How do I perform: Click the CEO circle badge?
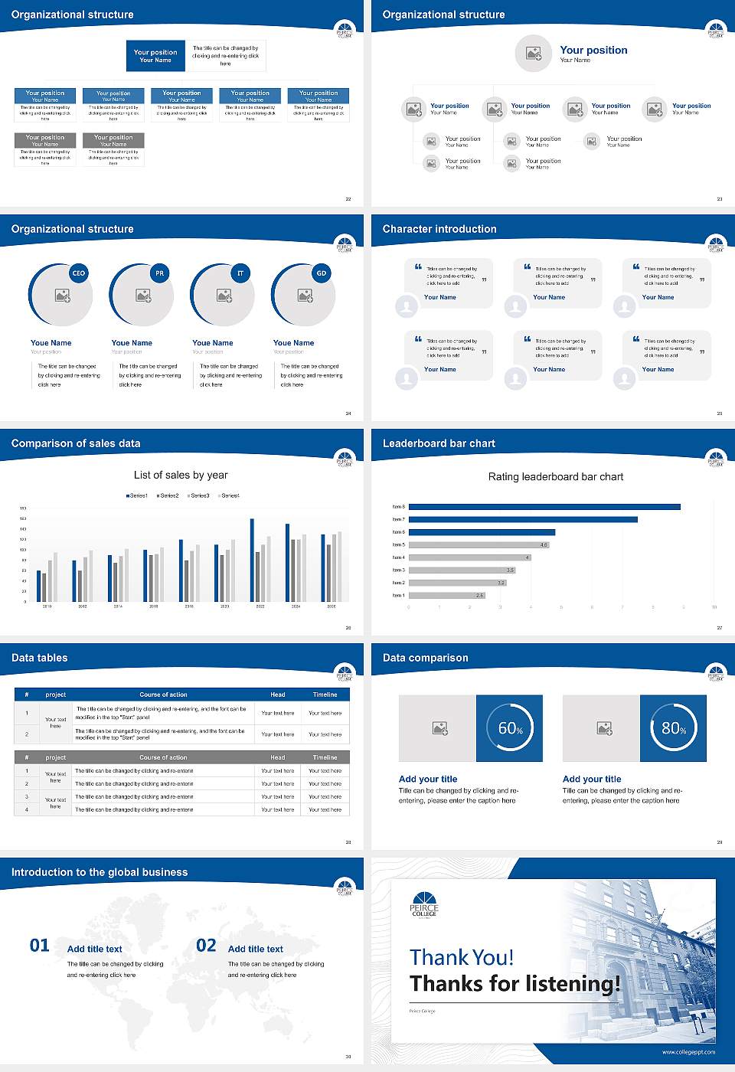point(78,273)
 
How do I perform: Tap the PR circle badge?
point(159,273)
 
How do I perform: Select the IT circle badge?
point(240,273)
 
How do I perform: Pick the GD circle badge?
point(322,273)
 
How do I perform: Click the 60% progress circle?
point(510,728)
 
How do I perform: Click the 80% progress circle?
point(673,728)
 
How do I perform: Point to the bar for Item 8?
point(544,507)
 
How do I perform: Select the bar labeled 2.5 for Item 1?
point(446,595)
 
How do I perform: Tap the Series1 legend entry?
point(137,495)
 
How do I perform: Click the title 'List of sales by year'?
point(181,476)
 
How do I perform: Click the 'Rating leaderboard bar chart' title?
point(556,477)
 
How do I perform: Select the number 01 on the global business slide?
point(40,946)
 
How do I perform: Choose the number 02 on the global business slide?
point(206,946)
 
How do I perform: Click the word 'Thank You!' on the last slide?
point(462,958)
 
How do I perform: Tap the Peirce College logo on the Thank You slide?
point(424,904)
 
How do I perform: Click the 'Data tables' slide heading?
point(40,658)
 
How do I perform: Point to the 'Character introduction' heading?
point(439,229)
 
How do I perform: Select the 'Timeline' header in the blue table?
point(325,695)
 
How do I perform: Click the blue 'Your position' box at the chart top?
point(155,56)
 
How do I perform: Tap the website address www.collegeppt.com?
point(688,1052)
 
